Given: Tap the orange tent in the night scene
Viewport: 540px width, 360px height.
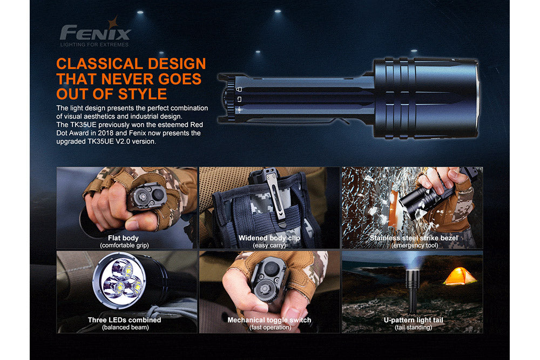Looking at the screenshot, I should click(460, 276).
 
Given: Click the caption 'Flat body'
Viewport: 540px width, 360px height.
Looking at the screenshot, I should click(123, 238).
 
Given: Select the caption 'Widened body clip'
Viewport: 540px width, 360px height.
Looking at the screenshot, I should click(269, 238).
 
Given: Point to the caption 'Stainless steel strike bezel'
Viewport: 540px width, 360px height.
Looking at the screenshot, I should click(414, 238).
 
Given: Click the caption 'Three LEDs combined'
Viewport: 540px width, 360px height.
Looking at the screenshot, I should click(124, 320).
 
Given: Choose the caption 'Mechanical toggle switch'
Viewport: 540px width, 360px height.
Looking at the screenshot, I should click(269, 320).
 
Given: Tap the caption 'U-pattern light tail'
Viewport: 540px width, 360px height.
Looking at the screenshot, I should click(413, 320).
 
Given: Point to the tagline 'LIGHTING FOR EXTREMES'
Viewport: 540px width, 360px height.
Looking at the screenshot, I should click(95, 44).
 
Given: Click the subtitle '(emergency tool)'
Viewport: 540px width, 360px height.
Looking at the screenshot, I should click(414, 246).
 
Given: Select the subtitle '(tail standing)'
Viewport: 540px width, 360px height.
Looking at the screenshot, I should click(413, 328).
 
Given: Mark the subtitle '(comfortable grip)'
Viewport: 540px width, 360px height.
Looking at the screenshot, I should click(124, 246).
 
